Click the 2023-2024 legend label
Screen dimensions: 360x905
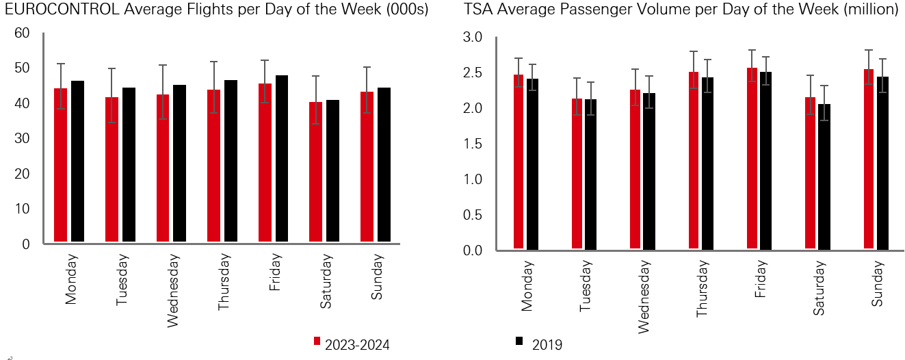(x=357, y=345)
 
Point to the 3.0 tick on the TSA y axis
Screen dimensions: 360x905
(x=473, y=37)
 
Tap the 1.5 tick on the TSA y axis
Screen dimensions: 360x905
(x=473, y=144)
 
